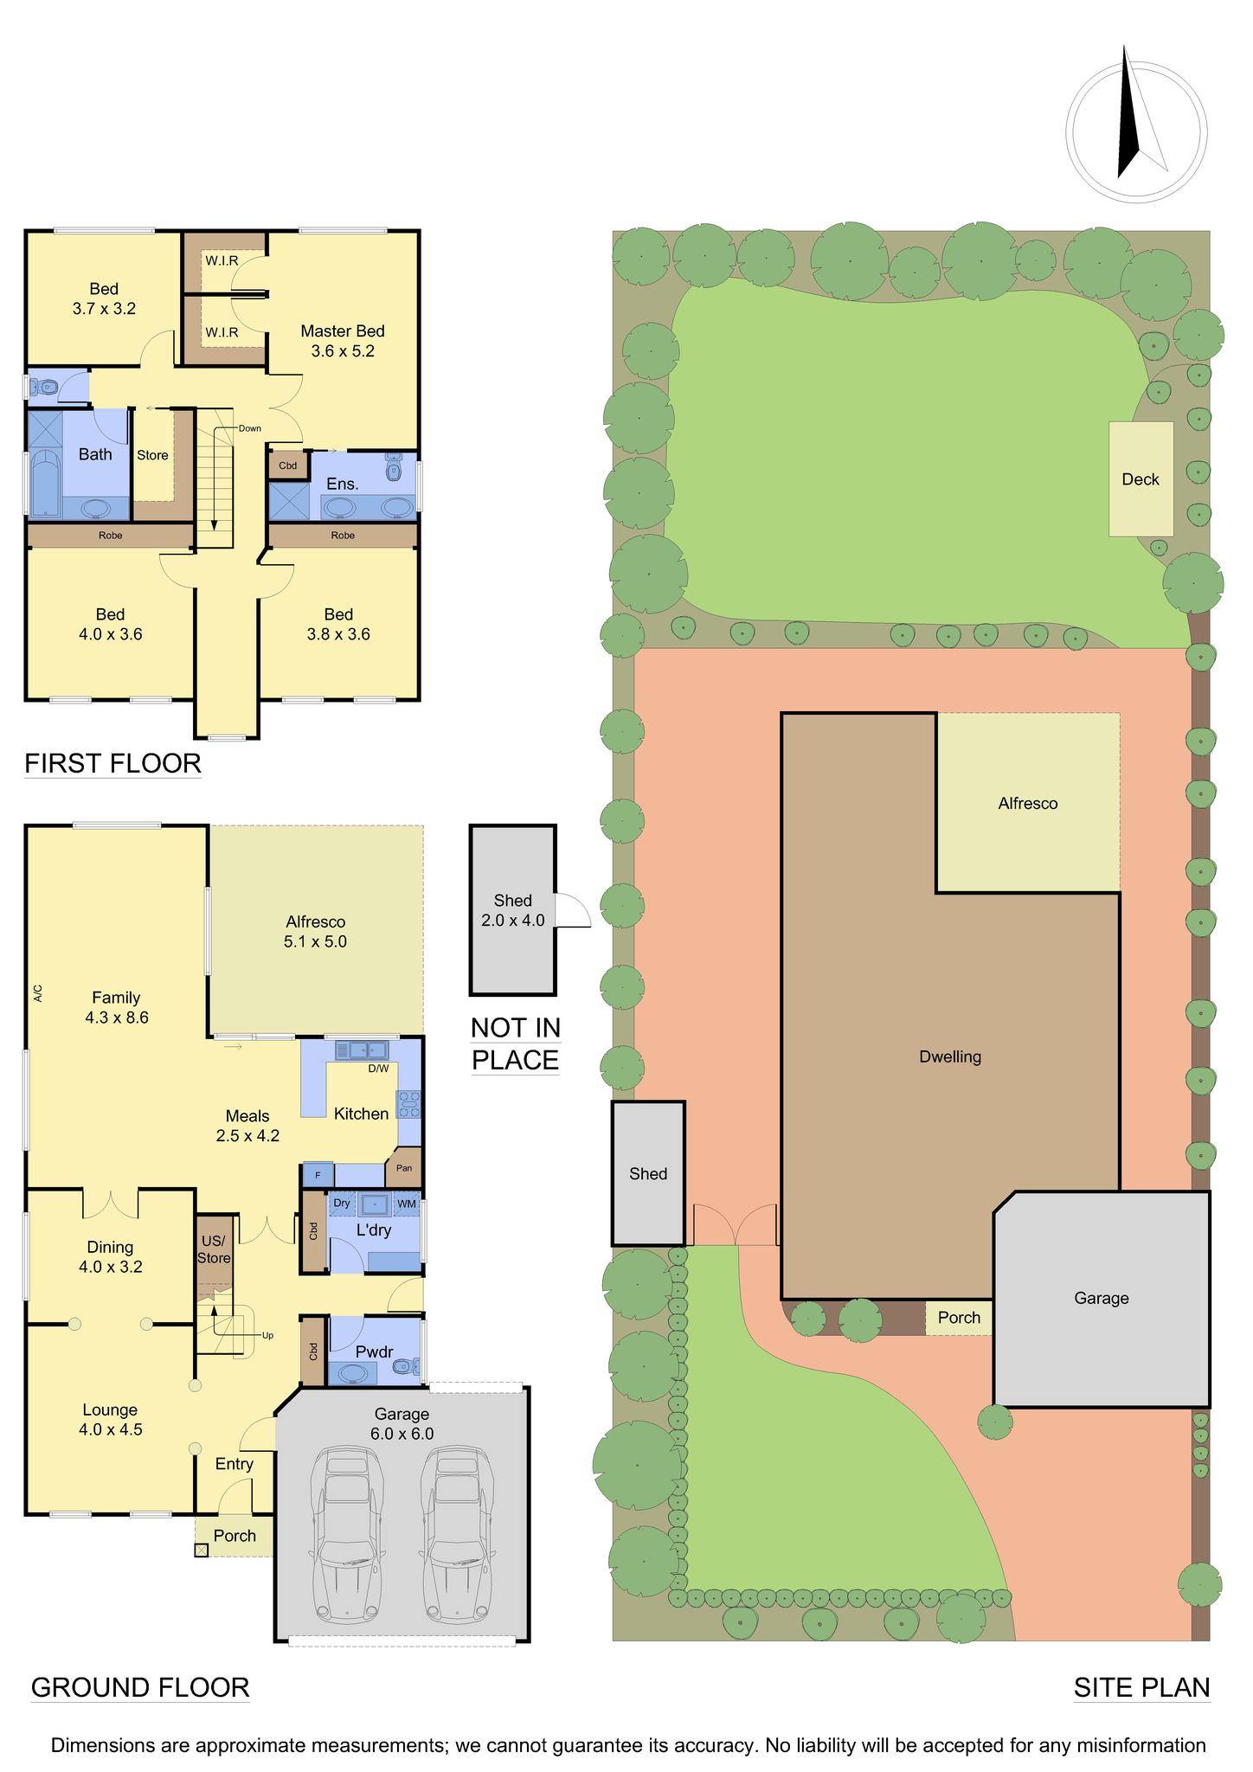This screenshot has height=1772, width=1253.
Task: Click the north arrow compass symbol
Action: point(1136,125)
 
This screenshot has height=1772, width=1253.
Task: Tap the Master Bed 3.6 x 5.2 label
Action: point(343,341)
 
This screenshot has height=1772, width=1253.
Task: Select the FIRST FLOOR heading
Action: point(112,763)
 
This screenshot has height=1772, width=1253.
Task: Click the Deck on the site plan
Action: point(1141,478)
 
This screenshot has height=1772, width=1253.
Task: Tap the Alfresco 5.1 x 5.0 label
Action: point(315,931)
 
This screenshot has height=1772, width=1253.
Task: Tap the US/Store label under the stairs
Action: point(213,1249)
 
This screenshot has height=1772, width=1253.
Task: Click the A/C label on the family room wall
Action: point(37,994)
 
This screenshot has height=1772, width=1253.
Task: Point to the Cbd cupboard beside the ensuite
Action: point(287,465)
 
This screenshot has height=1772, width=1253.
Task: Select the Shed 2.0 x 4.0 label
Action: point(513,910)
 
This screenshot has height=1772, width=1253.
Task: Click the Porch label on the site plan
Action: point(960,1317)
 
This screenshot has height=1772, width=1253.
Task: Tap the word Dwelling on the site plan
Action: point(950,1056)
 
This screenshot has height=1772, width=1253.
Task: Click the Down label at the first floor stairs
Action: point(250,428)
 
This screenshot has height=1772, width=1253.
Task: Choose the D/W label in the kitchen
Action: point(378,1069)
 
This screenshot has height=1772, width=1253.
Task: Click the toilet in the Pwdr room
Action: point(407,1367)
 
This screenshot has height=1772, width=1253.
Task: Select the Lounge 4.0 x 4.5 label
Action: point(110,1420)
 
